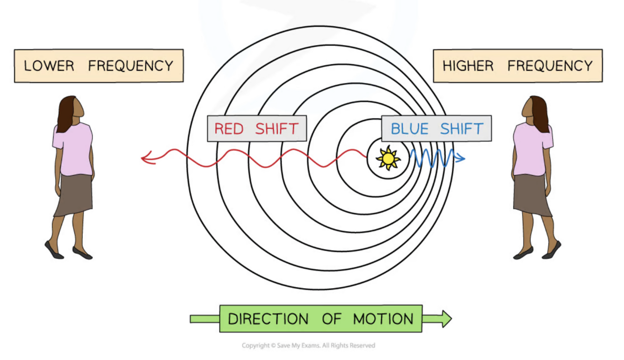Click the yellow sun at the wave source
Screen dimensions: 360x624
pyautogui.click(x=388, y=158)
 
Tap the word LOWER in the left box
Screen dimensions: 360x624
pyautogui.click(x=49, y=66)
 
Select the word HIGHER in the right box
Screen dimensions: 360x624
pyautogui.click(x=468, y=66)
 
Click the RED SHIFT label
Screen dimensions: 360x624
pyautogui.click(x=256, y=129)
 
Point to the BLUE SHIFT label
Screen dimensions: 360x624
pyautogui.click(x=436, y=129)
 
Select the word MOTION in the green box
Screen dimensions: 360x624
pyautogui.click(x=383, y=319)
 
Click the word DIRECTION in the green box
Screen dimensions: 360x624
pyautogui.click(x=268, y=319)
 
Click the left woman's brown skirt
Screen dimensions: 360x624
pyautogui.click(x=74, y=194)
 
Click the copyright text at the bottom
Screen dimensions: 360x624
pyautogui.click(x=308, y=346)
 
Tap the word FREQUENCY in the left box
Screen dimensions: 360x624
pyautogui.click(x=131, y=66)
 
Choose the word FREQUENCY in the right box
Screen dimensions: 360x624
pyautogui.click(x=550, y=66)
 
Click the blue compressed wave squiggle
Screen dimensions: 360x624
pyautogui.click(x=431, y=158)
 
